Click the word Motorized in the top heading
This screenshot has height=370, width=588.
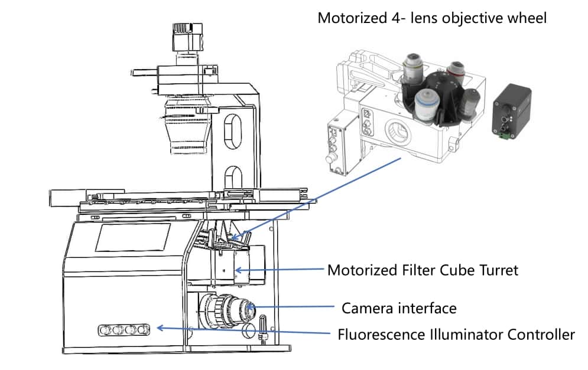coord(346,18)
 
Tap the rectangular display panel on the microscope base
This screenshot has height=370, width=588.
coord(133,237)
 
